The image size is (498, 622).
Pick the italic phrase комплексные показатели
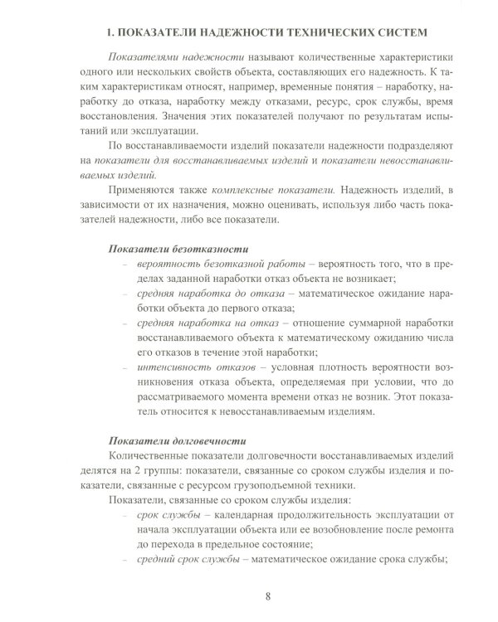coord(247,190)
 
